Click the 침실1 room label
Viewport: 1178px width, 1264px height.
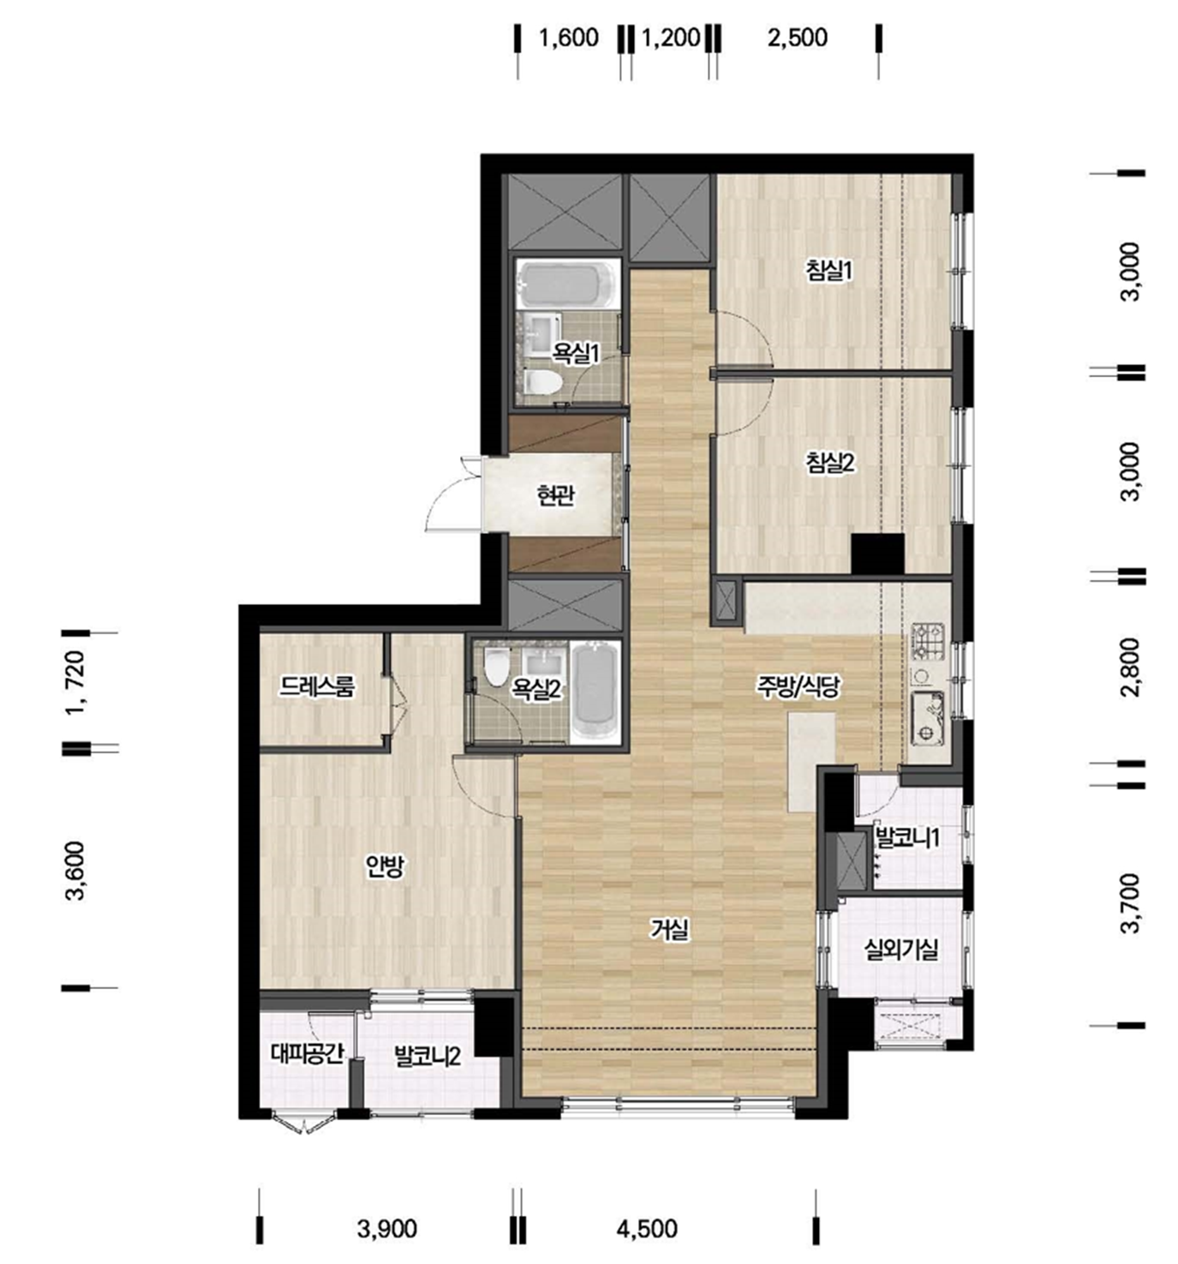tap(828, 272)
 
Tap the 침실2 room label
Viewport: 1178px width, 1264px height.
tap(829, 463)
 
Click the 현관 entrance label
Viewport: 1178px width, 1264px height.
tap(555, 495)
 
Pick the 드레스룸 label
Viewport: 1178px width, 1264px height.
tap(316, 686)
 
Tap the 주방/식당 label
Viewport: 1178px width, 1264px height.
tap(798, 686)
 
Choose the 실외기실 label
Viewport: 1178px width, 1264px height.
tap(900, 950)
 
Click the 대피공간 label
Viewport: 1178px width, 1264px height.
tap(308, 1054)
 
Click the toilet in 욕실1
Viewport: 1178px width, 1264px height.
tap(542, 381)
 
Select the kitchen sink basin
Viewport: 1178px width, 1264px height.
tap(927, 718)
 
